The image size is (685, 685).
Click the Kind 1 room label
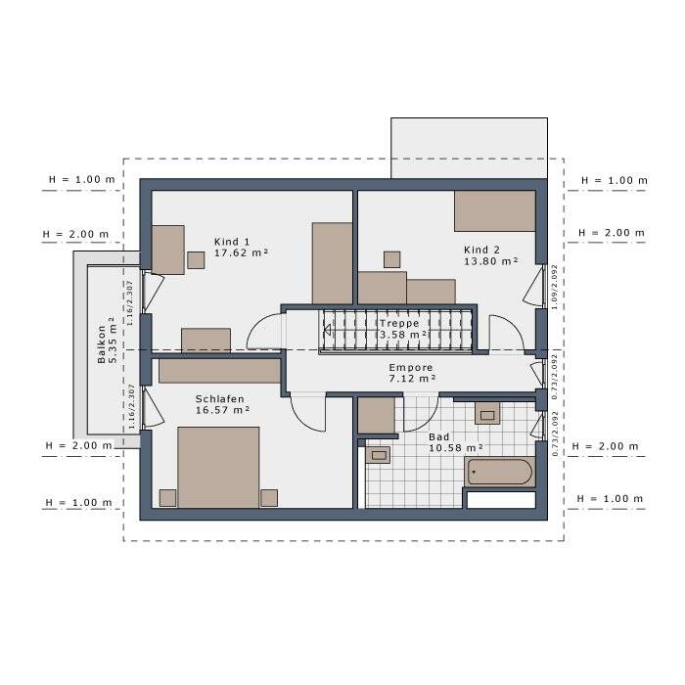coord(233,242)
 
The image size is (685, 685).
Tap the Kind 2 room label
coord(481,250)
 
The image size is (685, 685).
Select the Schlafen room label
coord(219,399)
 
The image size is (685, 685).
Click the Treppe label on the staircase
coord(400,323)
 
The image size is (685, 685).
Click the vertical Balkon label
coord(102,344)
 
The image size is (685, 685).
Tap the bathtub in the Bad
coord(499,473)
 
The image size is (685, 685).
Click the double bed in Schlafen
coord(218,467)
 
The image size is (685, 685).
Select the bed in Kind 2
coord(494,210)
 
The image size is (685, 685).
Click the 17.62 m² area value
coord(241,253)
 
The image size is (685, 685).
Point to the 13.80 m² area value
coord(490,261)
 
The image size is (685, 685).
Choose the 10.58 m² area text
coord(455,449)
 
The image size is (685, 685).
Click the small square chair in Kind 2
coord(392,258)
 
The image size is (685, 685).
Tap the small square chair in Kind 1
coord(197,259)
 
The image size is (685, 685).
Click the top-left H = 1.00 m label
coord(81,181)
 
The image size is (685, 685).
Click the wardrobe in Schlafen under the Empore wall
coord(221,370)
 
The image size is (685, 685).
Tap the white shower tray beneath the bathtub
coord(500,499)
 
